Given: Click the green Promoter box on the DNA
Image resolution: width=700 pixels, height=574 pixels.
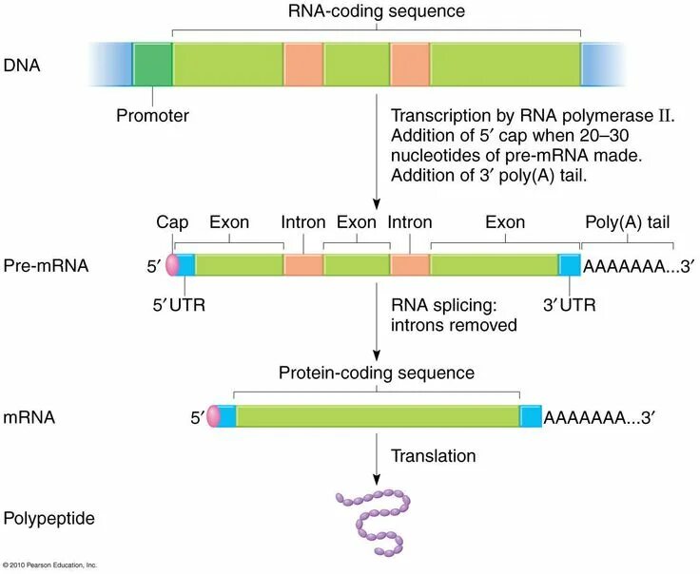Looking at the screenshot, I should point(152,64).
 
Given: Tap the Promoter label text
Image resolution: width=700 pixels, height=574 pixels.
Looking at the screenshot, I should point(152,117).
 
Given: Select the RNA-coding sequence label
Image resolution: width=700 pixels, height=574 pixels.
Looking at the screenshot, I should point(377,11).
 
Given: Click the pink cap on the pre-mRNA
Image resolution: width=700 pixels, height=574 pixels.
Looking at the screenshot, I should point(172,264).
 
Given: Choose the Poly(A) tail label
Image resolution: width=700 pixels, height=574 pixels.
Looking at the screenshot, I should point(630,222).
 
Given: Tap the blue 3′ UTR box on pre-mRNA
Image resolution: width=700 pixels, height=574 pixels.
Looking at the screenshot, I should point(569,264).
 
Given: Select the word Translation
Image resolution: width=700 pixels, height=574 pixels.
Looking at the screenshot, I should point(433,456).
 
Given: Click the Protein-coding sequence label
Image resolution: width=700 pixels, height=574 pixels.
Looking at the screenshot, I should point(376,373).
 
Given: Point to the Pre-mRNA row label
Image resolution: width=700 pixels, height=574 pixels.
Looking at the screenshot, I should point(46,266).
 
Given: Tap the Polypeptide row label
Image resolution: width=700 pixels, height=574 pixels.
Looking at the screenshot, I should point(49,519).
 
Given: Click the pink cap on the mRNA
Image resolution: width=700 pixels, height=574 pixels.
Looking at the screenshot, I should point(213,415).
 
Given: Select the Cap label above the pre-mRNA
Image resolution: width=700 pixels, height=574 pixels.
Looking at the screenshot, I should point(172,222).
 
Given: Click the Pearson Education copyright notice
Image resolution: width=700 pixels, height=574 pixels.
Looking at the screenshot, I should point(49,565).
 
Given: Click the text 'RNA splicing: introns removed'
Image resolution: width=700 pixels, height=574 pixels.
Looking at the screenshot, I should point(453,315).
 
